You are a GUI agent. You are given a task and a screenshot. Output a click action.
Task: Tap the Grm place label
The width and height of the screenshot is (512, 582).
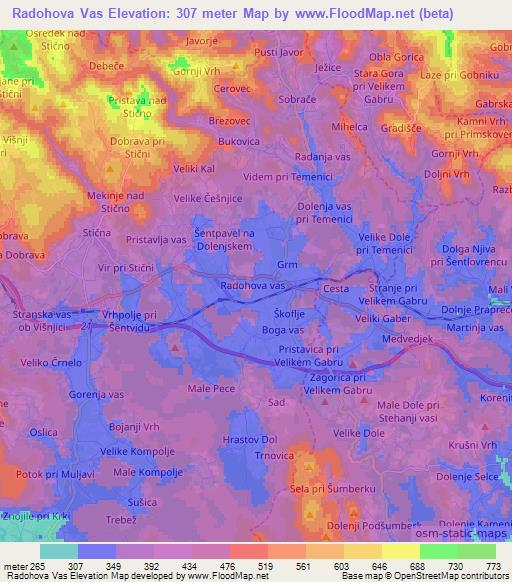tap(288, 266)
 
